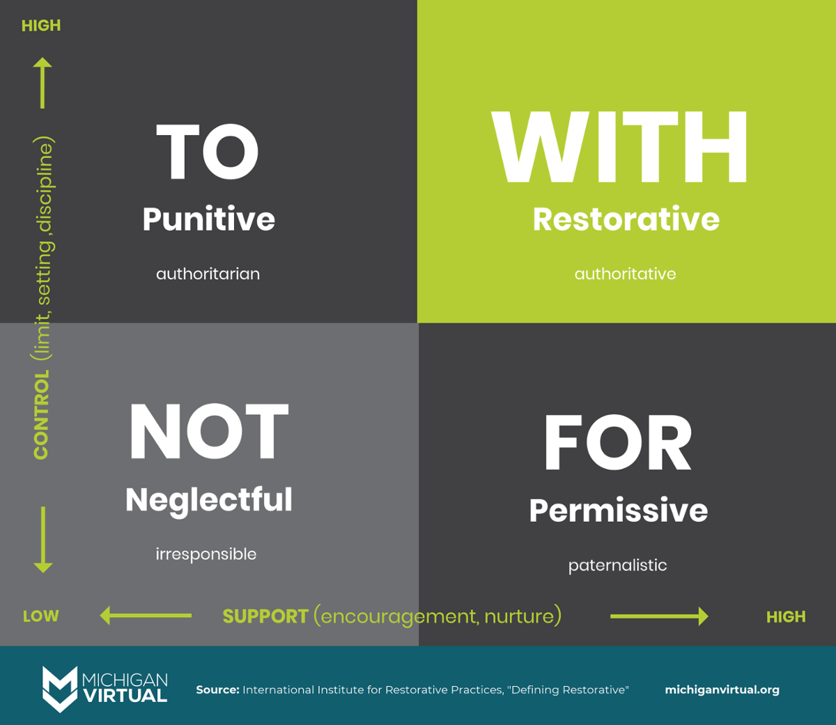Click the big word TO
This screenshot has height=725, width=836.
208,152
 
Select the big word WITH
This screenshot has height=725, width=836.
619,147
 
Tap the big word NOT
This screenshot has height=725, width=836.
209,431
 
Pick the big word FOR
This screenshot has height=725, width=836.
617,443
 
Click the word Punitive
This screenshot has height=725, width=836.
208,219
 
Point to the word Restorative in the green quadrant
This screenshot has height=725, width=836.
626,219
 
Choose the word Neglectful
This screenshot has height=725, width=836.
209,500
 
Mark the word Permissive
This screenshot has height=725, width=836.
618,510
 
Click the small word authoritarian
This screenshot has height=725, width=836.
208,274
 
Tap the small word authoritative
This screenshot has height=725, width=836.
625,274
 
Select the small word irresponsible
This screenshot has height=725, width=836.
206,554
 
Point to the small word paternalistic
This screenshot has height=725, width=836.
617,566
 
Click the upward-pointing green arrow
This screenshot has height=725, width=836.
42,83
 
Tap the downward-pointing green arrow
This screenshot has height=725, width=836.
43,540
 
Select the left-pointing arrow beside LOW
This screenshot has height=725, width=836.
146,616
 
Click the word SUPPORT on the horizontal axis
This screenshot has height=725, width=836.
265,616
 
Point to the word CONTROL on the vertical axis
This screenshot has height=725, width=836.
41,414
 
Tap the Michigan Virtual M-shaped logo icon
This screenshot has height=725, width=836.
60,689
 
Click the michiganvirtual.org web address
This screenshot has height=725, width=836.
722,690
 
